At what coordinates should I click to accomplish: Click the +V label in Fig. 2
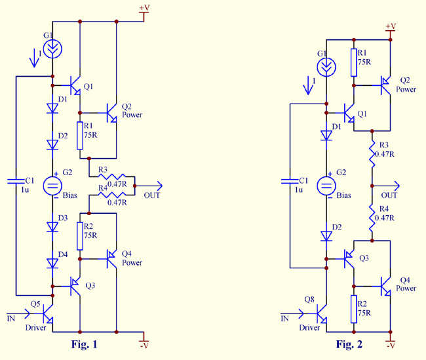[x=391, y=26]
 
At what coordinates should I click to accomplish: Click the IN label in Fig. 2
[x=284, y=319]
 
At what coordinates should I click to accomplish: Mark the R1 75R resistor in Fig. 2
[x=355, y=62]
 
